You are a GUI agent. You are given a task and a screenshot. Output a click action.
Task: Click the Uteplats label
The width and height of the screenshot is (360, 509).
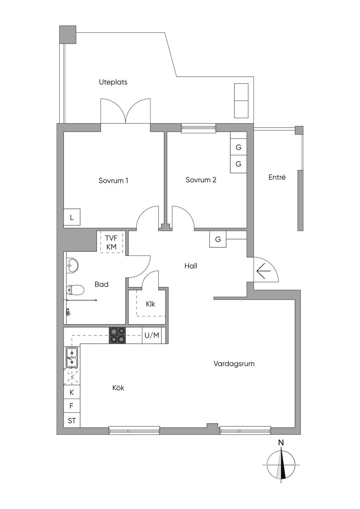point(113,82)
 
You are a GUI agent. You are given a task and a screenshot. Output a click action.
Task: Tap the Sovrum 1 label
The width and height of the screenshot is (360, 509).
point(113,180)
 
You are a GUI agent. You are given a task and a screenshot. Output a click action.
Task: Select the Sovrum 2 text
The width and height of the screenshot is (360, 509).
point(201,180)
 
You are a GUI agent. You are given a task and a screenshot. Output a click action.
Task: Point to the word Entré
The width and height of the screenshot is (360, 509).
point(277,177)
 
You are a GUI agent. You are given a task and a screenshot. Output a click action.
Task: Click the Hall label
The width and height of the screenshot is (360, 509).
point(191,266)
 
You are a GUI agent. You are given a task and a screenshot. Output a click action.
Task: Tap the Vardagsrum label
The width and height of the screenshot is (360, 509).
point(234,363)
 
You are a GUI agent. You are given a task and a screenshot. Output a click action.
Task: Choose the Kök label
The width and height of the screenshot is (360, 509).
point(118,388)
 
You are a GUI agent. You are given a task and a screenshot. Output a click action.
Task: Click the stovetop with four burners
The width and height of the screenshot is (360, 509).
point(117,335)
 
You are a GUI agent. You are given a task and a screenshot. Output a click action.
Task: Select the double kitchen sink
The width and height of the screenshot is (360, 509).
point(72,357)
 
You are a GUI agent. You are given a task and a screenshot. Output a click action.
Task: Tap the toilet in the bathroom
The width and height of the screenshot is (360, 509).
point(75,290)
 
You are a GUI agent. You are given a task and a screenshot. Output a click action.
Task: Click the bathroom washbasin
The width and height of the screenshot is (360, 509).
point(72,265)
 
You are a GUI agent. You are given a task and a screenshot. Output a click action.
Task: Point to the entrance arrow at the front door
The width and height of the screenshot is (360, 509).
point(264,271)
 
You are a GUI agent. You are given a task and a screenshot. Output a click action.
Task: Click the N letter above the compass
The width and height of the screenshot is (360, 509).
point(281,443)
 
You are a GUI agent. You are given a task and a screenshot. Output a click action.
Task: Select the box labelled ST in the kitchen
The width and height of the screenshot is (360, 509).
point(72,421)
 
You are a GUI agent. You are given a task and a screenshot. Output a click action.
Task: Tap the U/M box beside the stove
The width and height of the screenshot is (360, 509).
point(152,335)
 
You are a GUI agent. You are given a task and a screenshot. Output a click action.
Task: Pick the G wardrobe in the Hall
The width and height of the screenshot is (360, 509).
point(218,239)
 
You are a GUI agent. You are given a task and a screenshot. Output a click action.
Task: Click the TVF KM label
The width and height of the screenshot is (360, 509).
point(111,243)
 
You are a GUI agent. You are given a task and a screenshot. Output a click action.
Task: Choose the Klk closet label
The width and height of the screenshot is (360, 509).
point(150,304)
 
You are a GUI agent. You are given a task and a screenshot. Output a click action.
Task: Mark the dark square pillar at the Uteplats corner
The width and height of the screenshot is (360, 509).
point(68,34)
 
